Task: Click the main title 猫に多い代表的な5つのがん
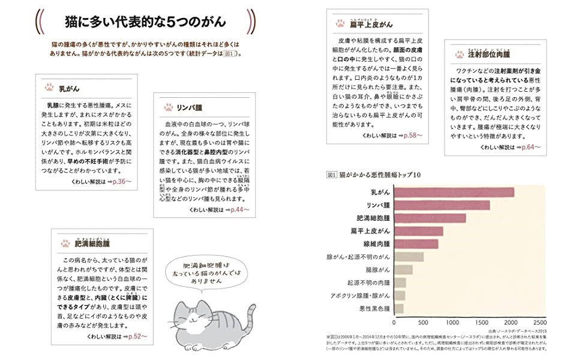[145, 23]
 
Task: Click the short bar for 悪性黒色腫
[399, 309]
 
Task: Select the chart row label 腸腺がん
[377, 270]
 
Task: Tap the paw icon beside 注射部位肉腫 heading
[460, 54]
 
